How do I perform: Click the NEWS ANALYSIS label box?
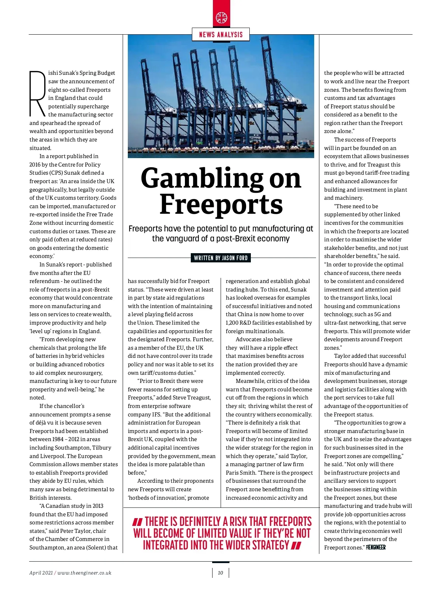pos(221,35)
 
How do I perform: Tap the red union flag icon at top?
pos(221,17)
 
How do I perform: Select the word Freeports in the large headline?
pos(221,204)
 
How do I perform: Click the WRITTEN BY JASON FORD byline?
pos(221,258)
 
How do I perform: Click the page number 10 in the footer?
pos(220,573)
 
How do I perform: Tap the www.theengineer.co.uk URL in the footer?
pos(84,573)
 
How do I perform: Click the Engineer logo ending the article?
pos(376,547)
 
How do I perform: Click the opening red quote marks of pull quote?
pos(137,522)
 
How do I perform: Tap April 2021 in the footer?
pos(41,573)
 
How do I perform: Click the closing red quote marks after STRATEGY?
pos(296,545)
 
